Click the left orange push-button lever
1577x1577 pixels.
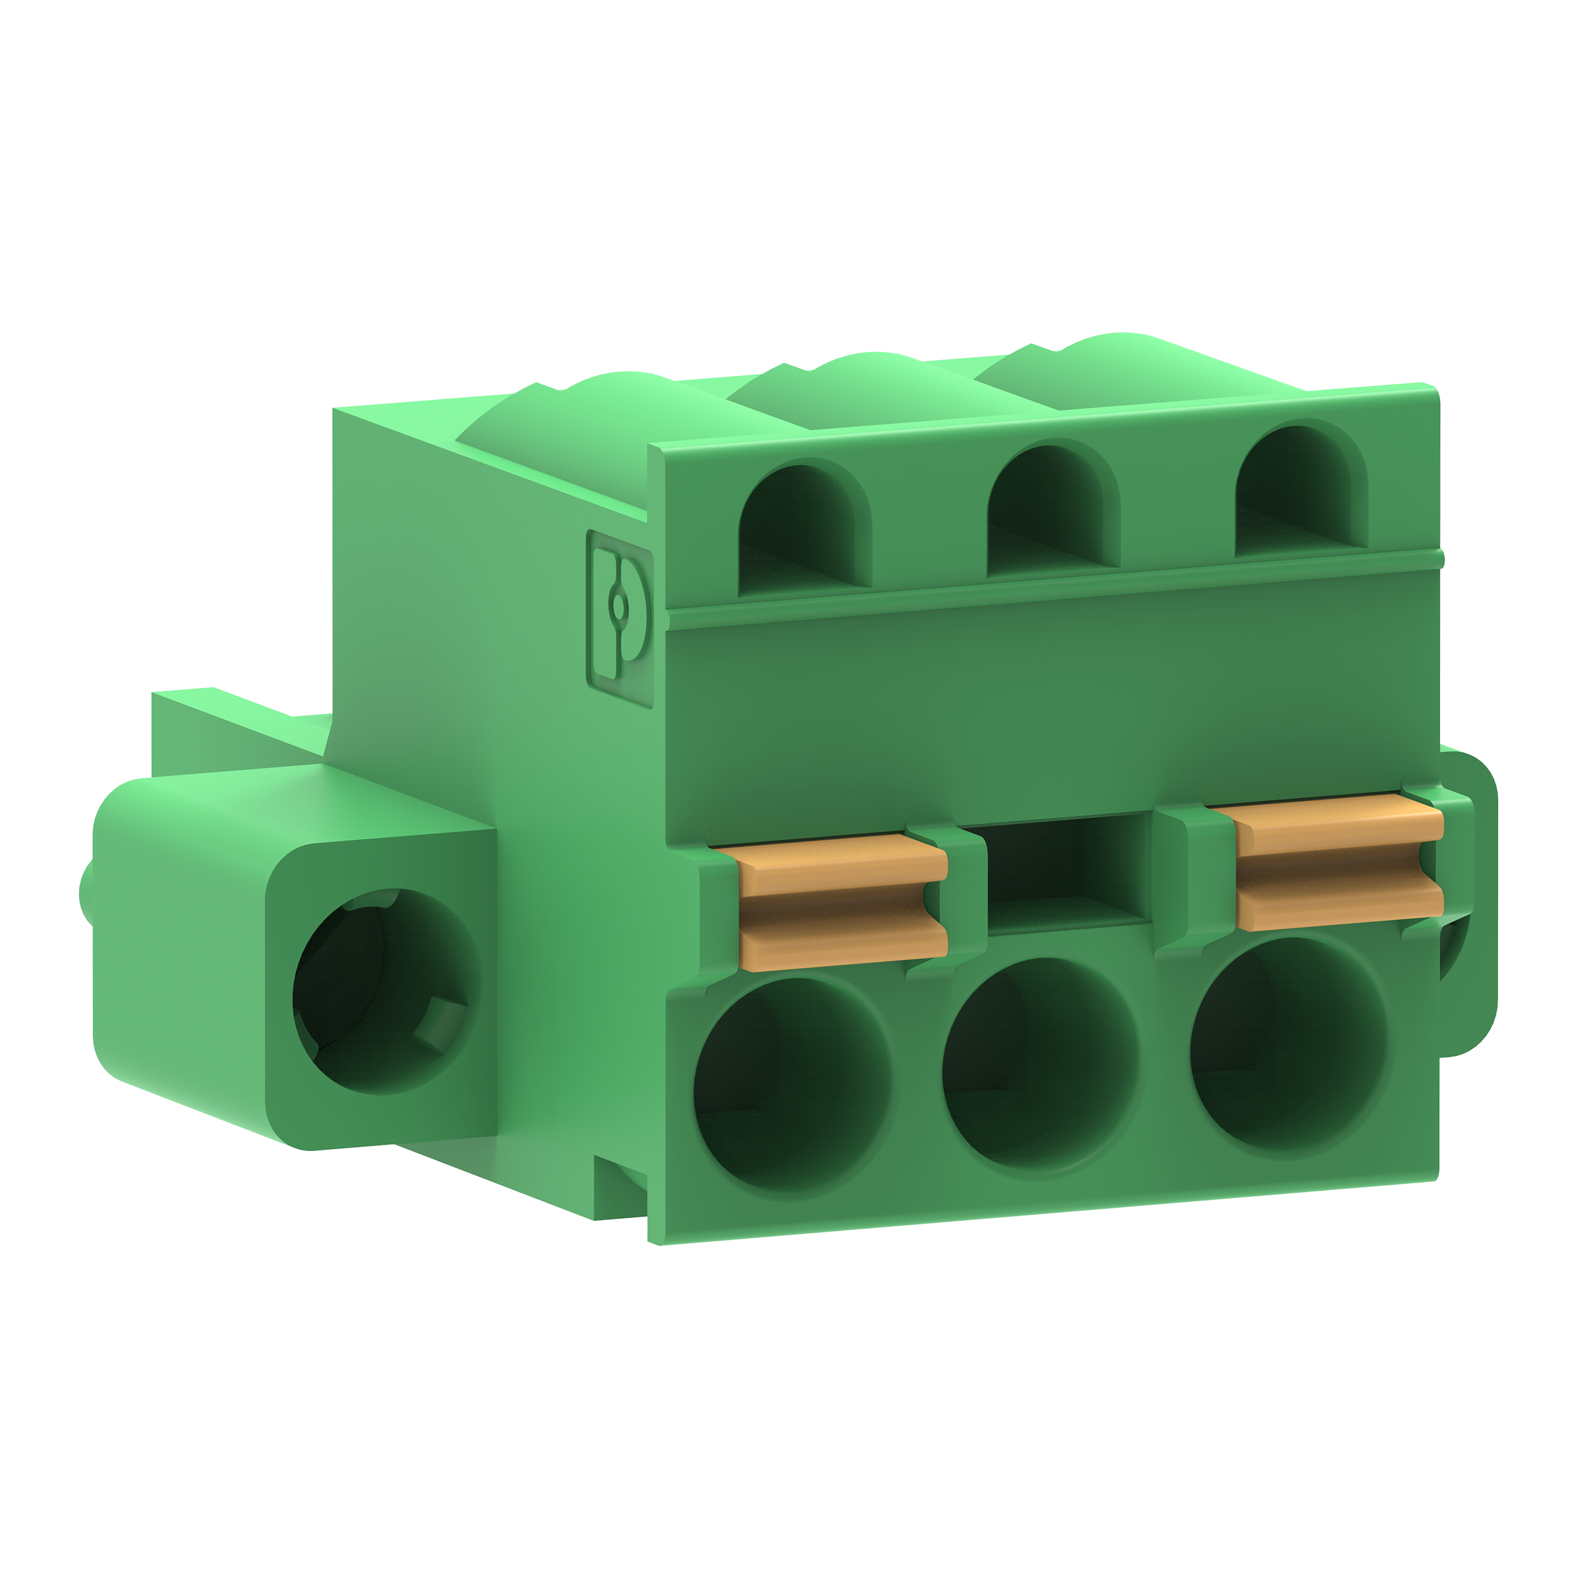(x=841, y=902)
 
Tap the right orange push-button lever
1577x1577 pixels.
(x=1338, y=865)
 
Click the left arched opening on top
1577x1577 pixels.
(x=804, y=531)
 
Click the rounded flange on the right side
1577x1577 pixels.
(x=1469, y=906)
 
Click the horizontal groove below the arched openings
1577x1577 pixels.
(x=1053, y=581)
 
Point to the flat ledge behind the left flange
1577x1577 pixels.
(x=237, y=727)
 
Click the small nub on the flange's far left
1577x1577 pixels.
(x=84, y=890)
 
